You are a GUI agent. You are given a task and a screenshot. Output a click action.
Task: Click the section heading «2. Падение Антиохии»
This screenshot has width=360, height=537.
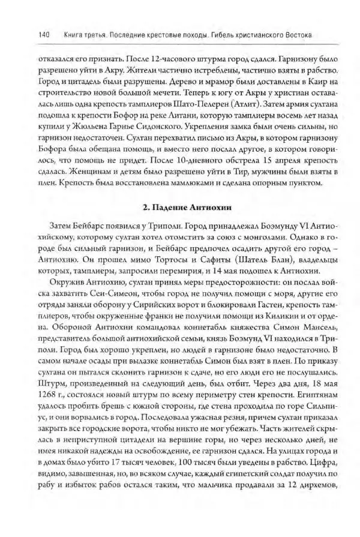pyautogui.click(x=181, y=208)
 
